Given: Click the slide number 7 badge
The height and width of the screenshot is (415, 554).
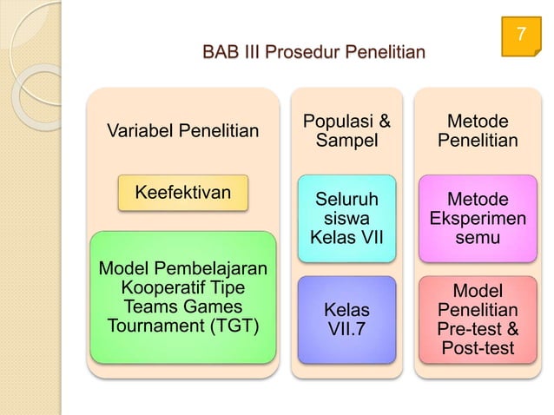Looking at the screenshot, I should coord(520,36).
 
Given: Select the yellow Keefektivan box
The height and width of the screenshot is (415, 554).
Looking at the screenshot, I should coord(183,192).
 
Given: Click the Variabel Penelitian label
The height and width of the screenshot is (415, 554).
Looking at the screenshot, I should coord(182,132).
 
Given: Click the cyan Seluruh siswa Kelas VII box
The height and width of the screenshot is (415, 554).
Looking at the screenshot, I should coord(346,218).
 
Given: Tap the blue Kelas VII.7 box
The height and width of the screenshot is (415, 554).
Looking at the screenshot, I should coord(346,319).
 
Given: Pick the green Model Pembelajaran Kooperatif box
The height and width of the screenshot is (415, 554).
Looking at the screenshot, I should coord(182,296).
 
